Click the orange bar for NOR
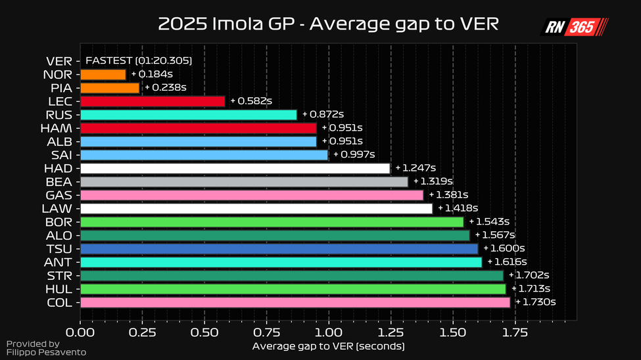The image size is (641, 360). click(x=103, y=74)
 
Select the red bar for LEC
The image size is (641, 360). click(x=153, y=101)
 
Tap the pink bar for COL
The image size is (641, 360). click(x=295, y=302)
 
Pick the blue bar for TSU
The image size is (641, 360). click(x=279, y=249)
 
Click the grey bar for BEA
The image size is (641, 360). click(x=244, y=181)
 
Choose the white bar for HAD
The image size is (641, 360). click(x=235, y=168)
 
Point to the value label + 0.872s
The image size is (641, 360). click(x=323, y=114)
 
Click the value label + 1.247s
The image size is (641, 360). click(x=416, y=168)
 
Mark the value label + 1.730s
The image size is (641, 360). click(x=536, y=302)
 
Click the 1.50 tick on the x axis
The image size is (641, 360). click(x=453, y=333)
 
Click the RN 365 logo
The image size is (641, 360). click(x=574, y=27)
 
